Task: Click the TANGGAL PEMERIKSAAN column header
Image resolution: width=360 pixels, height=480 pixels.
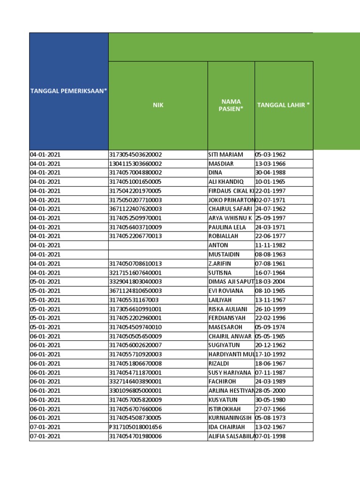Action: (68, 90)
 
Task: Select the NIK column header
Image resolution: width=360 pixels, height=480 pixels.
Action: (158, 105)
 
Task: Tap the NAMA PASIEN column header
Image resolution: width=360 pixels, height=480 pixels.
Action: (231, 105)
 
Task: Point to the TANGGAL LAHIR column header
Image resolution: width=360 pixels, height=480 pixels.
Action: (284, 105)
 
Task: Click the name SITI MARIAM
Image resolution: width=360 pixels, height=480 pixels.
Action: (226, 155)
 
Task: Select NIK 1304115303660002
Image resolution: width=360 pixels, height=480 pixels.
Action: (135, 164)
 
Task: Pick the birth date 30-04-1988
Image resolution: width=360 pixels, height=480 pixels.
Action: (270, 172)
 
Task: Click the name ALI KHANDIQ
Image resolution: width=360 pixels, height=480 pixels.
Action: (226, 182)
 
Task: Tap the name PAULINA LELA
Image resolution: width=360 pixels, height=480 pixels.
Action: (227, 227)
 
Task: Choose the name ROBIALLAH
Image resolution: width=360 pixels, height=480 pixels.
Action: (225, 236)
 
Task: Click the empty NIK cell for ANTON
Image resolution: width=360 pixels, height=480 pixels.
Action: (158, 245)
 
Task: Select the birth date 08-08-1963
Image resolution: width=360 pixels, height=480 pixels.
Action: (270, 255)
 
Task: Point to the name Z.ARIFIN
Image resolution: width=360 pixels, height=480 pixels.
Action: (222, 263)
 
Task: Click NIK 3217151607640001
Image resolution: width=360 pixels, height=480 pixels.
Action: (135, 273)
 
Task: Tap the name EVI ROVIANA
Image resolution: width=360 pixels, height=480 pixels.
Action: (226, 291)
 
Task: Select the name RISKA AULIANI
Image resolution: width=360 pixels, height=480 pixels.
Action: (228, 309)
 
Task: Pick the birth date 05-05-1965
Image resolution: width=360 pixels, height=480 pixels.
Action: (270, 336)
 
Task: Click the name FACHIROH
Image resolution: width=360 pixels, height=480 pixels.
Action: (224, 382)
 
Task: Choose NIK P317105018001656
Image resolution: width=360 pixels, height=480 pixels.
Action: (135, 427)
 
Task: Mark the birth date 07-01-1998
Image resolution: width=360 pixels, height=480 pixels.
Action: (270, 436)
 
